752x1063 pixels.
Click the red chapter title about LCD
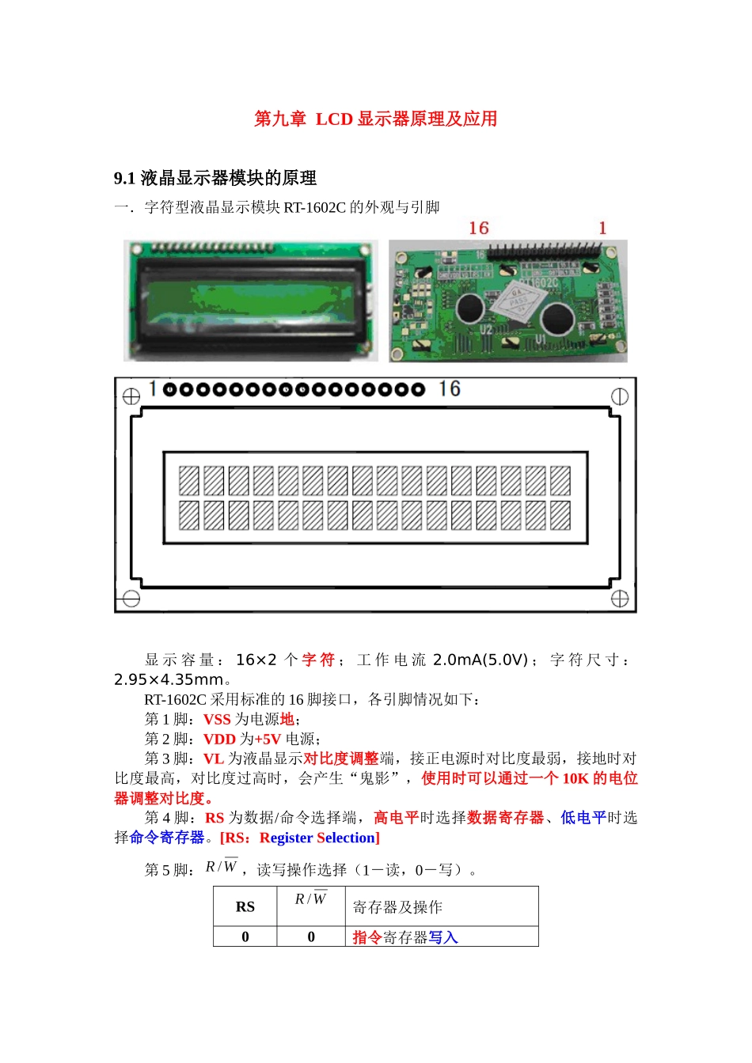[375, 119]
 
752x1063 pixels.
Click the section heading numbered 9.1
[215, 178]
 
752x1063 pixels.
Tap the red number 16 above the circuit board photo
[479, 229]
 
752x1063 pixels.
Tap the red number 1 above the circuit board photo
[602, 229]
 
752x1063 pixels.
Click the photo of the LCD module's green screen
[250, 301]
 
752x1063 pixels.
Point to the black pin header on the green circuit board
[546, 252]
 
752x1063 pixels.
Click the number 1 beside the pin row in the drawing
[152, 388]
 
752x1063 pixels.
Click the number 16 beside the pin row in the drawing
[450, 388]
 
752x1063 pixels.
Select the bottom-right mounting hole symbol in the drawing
[619, 599]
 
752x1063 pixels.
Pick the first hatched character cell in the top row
[188, 481]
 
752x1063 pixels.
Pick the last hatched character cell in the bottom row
[560, 516]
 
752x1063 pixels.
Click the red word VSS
[217, 720]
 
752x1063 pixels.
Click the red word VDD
[219, 740]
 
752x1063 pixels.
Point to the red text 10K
[575, 779]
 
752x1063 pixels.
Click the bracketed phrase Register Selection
[300, 838]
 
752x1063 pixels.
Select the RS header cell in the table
[245, 907]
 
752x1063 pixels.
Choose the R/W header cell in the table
[310, 900]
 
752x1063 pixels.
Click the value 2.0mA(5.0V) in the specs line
[480, 660]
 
